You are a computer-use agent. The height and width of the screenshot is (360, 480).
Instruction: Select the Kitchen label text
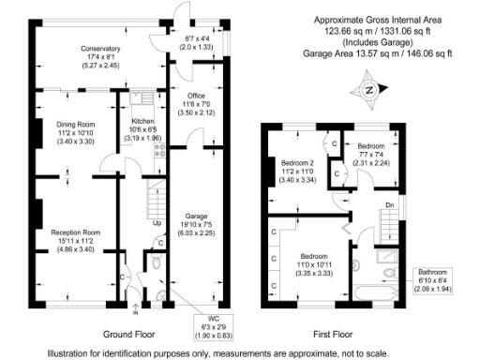(x=142, y=122)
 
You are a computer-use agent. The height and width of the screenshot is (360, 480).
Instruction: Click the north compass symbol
(x=369, y=91)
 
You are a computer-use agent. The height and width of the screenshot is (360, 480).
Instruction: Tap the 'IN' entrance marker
(x=136, y=307)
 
